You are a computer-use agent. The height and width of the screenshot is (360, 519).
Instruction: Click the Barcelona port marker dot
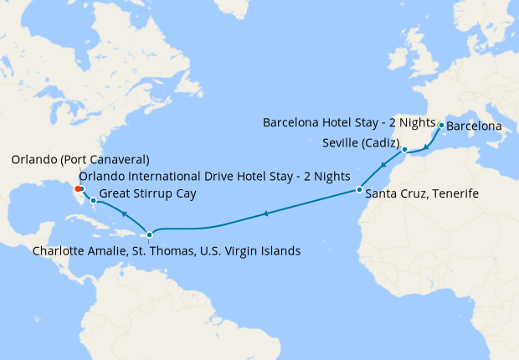click(x=441, y=126)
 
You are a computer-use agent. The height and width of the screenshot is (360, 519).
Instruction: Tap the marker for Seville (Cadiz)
click(x=404, y=150)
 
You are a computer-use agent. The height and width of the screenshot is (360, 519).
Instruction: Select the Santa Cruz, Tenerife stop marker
click(x=358, y=190)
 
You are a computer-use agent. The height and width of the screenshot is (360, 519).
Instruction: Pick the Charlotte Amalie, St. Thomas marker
click(x=149, y=234)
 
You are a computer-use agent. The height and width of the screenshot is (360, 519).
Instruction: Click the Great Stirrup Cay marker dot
click(x=93, y=201)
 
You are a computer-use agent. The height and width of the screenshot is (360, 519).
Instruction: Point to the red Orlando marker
click(x=79, y=189)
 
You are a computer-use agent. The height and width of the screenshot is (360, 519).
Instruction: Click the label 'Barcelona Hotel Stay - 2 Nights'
click(x=349, y=122)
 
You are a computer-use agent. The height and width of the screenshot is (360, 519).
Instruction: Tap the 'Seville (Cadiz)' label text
click(x=361, y=143)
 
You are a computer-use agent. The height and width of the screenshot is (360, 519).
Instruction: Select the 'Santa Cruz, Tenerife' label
click(x=423, y=194)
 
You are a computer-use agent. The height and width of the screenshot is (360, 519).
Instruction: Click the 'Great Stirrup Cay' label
click(x=147, y=194)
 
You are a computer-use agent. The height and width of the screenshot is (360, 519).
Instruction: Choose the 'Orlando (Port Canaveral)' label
click(x=80, y=159)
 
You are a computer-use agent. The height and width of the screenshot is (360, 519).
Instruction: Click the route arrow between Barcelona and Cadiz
click(x=425, y=147)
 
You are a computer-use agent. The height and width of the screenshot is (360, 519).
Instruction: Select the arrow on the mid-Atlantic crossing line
click(x=265, y=214)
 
